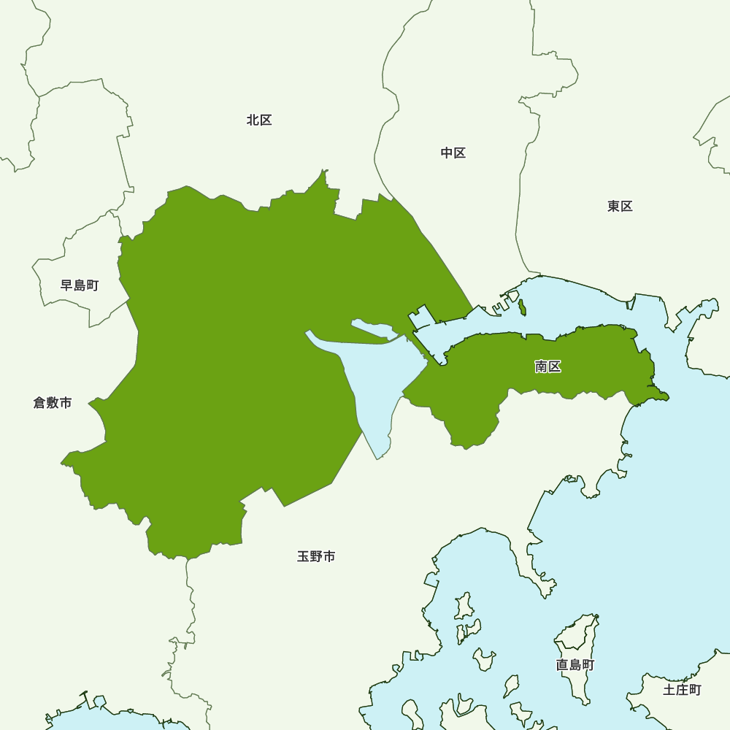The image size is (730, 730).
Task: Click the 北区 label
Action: pyautogui.click(x=259, y=120)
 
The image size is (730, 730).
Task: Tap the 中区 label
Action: pyautogui.click(x=453, y=153)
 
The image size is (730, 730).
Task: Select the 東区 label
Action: pyautogui.click(x=620, y=207)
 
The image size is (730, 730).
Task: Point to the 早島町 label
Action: pyautogui.click(x=80, y=285)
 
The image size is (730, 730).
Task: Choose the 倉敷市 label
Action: pyautogui.click(x=53, y=403)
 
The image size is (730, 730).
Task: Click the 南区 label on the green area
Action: pyautogui.click(x=547, y=367)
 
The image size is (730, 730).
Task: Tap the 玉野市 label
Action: pyautogui.click(x=316, y=557)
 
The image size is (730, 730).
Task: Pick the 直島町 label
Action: pyautogui.click(x=575, y=666)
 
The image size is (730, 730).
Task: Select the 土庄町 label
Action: pyautogui.click(x=682, y=690)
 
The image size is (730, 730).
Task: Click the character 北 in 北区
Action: pyautogui.click(x=253, y=120)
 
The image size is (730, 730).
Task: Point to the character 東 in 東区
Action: pyautogui.click(x=613, y=207)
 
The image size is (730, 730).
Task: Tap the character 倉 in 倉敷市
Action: pyautogui.click(x=40, y=403)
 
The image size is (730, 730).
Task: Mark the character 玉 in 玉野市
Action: pyautogui.click(x=304, y=557)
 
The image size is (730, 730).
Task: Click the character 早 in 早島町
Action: pyautogui.click(x=67, y=285)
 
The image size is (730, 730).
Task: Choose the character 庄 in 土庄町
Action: pyautogui.click(x=682, y=690)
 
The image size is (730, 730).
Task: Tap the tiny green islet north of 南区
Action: pyautogui.click(x=522, y=307)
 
